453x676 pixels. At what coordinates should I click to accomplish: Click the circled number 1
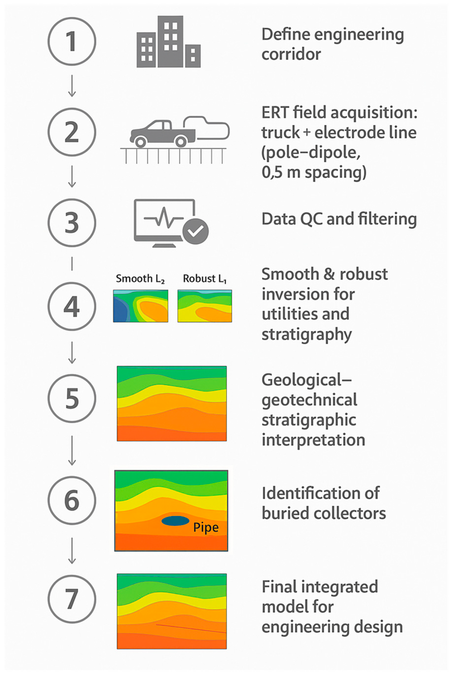(72, 41)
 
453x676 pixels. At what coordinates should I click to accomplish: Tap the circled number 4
(72, 306)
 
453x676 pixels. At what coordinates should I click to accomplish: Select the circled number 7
(72, 599)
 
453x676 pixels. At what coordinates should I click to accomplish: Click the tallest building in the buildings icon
(170, 41)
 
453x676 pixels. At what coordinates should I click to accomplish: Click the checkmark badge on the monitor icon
(196, 231)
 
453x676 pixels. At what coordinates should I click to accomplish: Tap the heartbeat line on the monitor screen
(163, 217)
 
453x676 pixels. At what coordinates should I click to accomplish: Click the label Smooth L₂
(140, 279)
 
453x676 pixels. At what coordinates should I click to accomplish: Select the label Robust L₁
(205, 279)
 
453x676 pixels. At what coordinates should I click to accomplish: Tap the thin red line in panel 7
(191, 629)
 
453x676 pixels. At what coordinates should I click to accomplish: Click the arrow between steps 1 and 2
(72, 86)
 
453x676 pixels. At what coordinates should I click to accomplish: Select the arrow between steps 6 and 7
(72, 551)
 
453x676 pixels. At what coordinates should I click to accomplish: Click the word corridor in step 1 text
(291, 54)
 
